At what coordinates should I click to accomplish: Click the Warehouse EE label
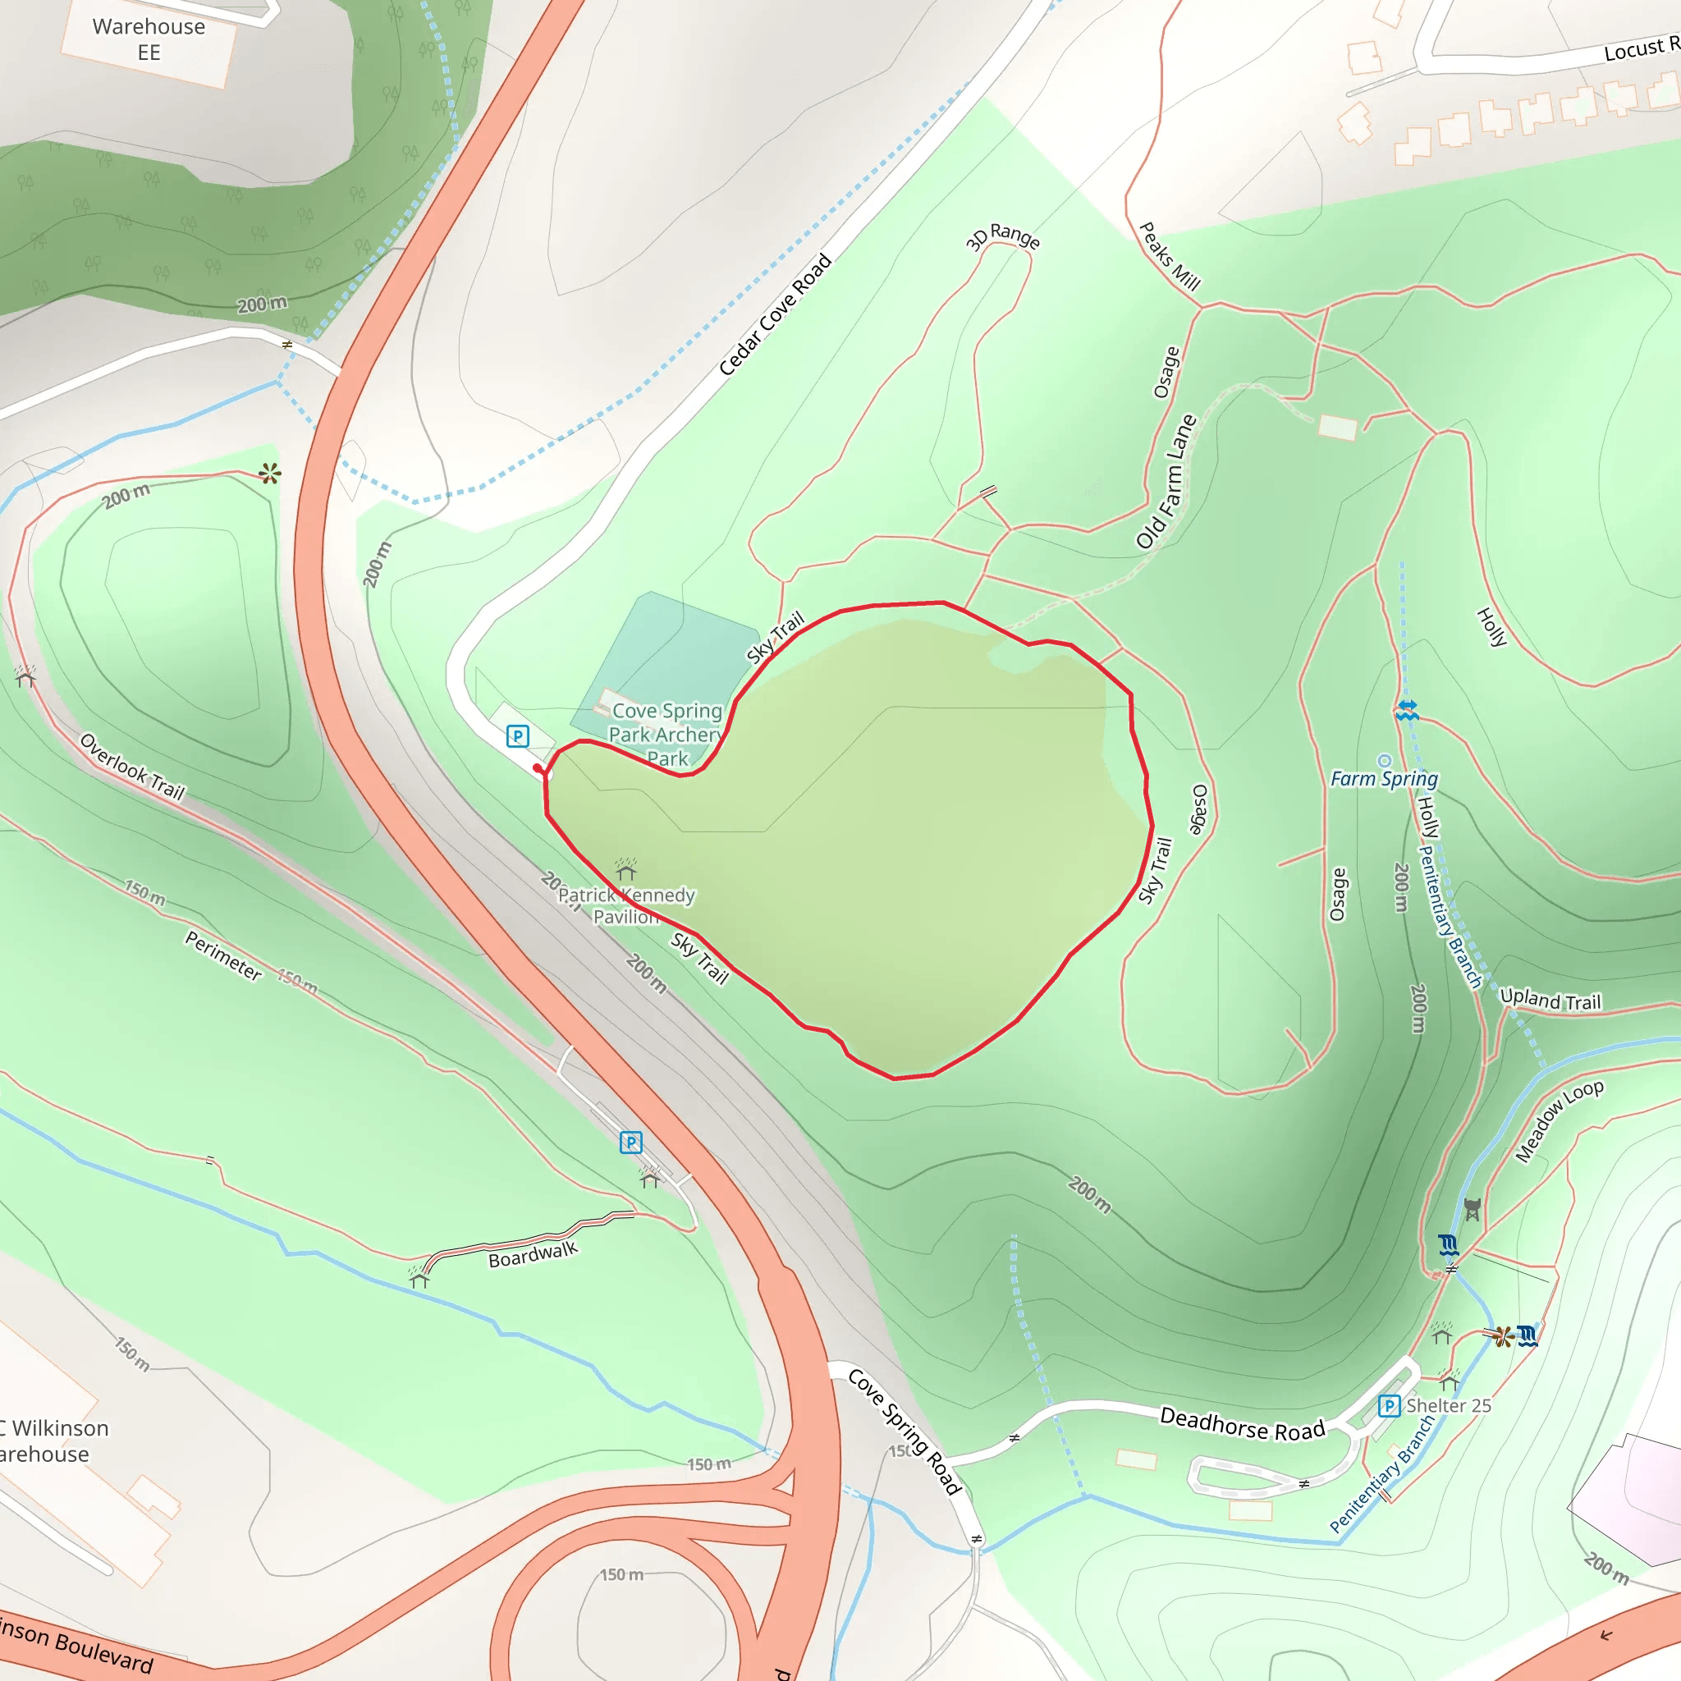pos(149,39)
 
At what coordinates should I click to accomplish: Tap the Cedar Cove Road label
pos(774,314)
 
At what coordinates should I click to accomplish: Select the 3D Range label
pos(1002,236)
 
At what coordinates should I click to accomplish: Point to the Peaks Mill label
pos(1170,257)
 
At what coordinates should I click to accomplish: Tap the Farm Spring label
pos(1383,779)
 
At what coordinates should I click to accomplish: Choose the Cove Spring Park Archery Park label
pos(666,735)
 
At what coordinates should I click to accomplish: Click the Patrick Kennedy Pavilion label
pos(626,905)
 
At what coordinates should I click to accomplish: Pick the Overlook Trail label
pos(132,767)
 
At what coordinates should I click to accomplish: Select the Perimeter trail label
pos(223,955)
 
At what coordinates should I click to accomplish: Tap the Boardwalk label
pos(533,1254)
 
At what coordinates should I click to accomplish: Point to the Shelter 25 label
pos(1449,1405)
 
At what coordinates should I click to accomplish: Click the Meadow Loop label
pos(1559,1121)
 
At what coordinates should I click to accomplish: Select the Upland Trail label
pos(1550,1001)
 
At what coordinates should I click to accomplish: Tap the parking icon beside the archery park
pos(518,737)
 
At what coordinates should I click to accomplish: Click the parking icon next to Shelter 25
pos(1389,1406)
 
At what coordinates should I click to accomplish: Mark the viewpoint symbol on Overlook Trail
pos(270,474)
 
